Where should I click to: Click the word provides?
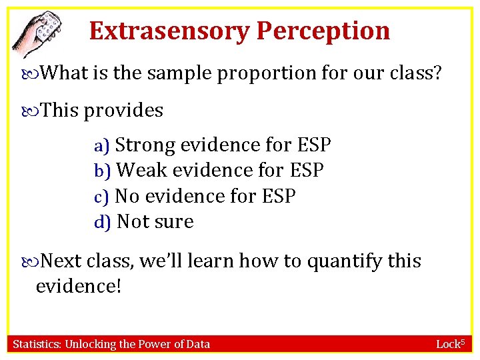(123, 110)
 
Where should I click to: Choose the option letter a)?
(103, 145)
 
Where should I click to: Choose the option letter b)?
(103, 171)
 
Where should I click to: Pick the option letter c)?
(102, 197)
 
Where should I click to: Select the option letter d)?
(103, 222)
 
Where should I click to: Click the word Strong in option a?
(147, 145)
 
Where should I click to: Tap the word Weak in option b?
(142, 171)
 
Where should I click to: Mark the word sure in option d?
(175, 222)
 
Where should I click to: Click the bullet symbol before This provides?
(33, 111)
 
